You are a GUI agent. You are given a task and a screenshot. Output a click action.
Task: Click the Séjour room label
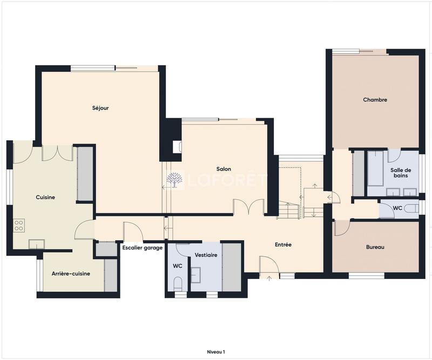(100, 108)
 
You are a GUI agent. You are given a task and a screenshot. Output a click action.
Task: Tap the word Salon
(224, 169)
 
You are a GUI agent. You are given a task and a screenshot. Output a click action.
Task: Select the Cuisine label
(45, 198)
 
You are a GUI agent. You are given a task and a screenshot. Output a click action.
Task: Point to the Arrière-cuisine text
(71, 274)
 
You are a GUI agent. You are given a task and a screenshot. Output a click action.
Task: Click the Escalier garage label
(143, 248)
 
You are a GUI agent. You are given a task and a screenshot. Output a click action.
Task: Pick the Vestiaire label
(206, 255)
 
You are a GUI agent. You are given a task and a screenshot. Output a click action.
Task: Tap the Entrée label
(283, 244)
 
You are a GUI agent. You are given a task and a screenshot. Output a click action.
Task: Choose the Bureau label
(375, 247)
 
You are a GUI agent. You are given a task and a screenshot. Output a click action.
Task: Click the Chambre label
(375, 100)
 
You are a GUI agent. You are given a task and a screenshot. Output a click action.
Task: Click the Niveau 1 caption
(216, 351)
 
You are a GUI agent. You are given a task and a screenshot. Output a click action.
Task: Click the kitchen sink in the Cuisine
(37, 243)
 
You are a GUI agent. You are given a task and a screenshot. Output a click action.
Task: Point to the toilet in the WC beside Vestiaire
(178, 284)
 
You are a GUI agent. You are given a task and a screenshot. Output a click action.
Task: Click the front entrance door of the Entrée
(268, 267)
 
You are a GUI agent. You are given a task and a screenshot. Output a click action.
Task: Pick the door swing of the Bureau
(340, 229)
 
